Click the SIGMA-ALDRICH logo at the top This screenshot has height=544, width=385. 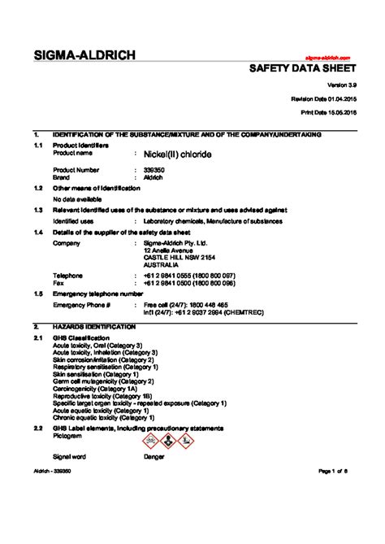click(x=84, y=55)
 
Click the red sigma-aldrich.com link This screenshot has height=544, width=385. click(x=327, y=59)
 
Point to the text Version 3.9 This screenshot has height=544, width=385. click(x=335, y=85)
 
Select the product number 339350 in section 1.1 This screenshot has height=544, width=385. click(x=153, y=169)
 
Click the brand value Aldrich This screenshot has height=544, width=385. click(x=153, y=176)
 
